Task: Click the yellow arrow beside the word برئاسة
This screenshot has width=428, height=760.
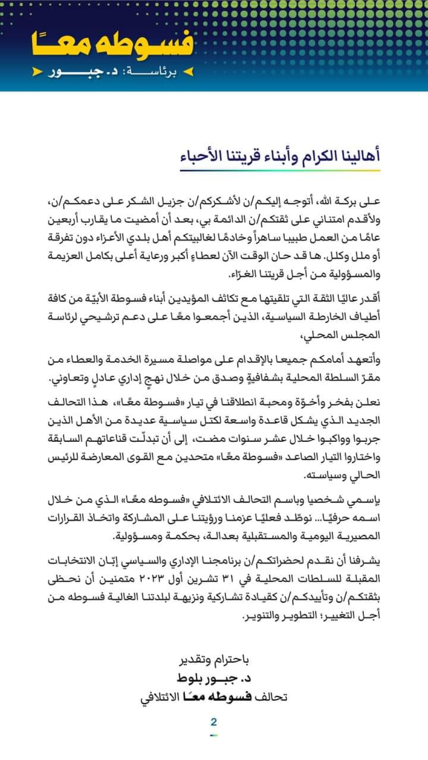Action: (189, 72)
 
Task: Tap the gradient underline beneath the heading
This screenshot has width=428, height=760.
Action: (280, 171)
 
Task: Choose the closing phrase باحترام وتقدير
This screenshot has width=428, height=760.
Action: (214, 660)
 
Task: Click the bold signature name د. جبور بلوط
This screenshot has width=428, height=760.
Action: (214, 678)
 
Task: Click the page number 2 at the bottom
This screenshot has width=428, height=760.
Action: (214, 722)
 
